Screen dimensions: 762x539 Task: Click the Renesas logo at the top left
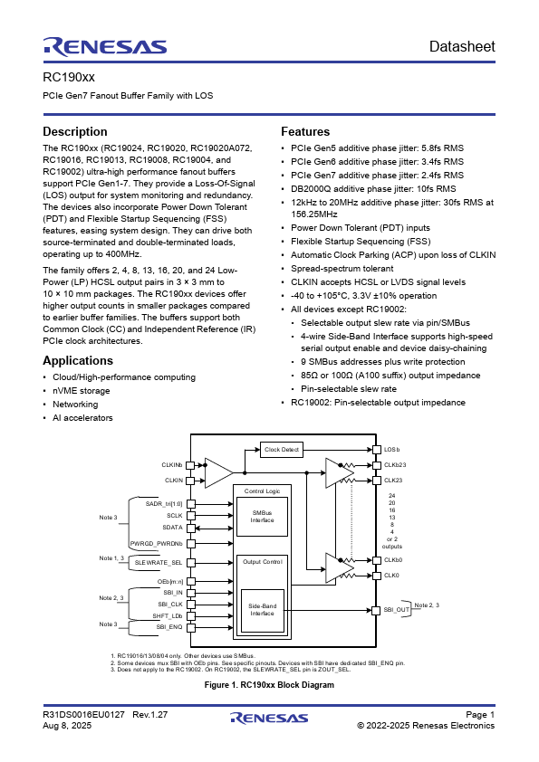pos(104,46)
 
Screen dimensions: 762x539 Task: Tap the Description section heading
pos(82,131)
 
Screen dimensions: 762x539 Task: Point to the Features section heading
pos(305,131)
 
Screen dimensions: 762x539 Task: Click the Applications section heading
pos(84,360)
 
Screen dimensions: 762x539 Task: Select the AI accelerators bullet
pos(82,417)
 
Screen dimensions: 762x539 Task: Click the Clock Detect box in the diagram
pos(282,449)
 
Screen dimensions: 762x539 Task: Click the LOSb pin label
pos(391,450)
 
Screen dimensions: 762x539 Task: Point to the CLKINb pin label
pos(172,464)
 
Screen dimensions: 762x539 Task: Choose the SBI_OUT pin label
pos(396,610)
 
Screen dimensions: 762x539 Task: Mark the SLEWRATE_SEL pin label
pos(159,562)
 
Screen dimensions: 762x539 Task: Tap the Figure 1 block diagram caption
pos(269,685)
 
